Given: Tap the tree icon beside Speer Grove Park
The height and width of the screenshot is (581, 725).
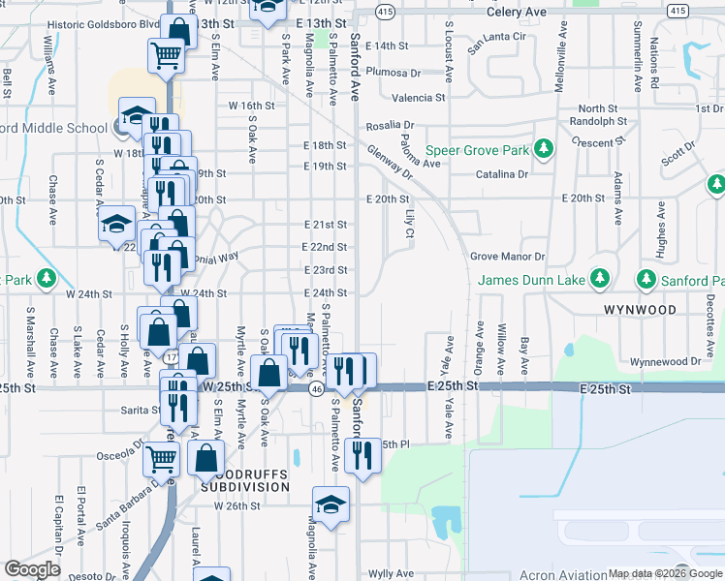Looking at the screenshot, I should point(544,148).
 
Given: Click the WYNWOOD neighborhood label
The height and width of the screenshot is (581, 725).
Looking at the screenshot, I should point(639,310).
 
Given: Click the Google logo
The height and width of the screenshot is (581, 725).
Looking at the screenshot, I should point(32,569).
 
